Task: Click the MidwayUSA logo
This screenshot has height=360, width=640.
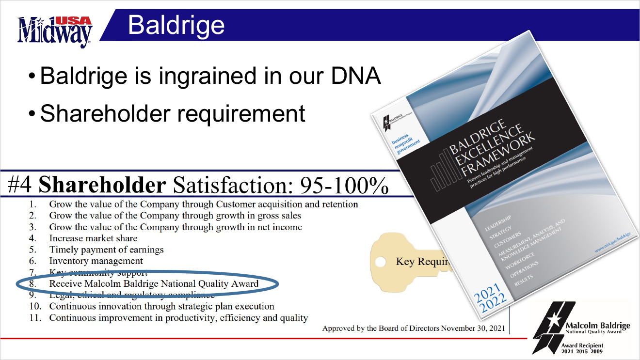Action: pos(54,31)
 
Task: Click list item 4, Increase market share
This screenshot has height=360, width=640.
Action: pos(93,238)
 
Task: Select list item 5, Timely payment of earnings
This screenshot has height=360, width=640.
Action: pos(106,250)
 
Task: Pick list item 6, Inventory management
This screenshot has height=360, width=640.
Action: pos(96,261)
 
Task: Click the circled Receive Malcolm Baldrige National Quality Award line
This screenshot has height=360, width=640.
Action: pos(154,283)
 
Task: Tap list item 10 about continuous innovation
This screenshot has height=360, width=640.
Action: pos(161,306)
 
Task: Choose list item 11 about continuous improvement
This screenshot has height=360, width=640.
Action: pos(178,318)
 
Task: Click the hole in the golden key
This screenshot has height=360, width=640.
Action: pos(382,262)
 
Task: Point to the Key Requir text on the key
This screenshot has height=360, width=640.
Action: pos(422,262)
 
